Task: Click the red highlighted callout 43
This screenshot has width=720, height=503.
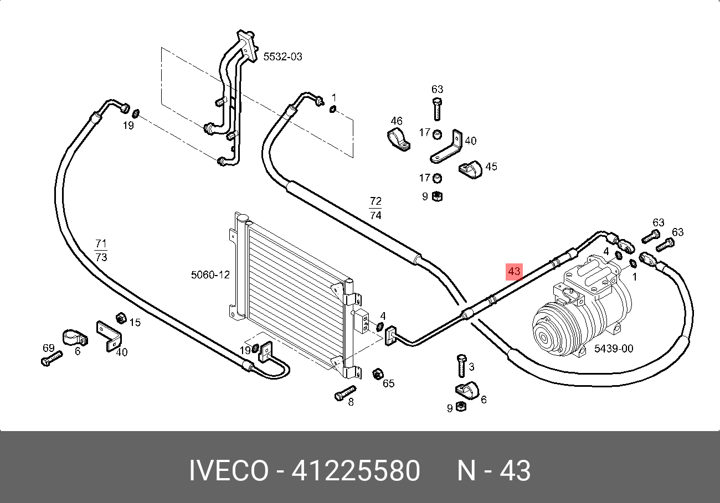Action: tap(514, 272)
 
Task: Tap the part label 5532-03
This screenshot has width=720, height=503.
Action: tap(282, 56)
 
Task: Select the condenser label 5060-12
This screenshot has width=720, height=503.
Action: tap(210, 274)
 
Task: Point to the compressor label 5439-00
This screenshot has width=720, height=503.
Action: tap(613, 349)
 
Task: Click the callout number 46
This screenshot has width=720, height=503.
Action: tap(397, 121)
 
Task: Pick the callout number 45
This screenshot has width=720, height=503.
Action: tap(491, 167)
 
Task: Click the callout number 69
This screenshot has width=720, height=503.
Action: tap(49, 348)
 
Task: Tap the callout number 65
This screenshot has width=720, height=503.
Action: tap(389, 383)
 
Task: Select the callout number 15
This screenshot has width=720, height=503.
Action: tap(135, 322)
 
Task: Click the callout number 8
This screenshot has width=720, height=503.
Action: tap(351, 402)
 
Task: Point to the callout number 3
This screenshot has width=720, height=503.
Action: tap(471, 366)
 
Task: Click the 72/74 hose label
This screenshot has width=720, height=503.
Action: tap(376, 208)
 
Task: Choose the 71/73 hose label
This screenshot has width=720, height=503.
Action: tap(101, 250)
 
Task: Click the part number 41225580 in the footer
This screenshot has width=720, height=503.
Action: tap(356, 471)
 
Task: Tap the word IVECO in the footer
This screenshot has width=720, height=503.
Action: tap(228, 471)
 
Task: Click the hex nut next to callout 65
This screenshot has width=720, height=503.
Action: tap(377, 374)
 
